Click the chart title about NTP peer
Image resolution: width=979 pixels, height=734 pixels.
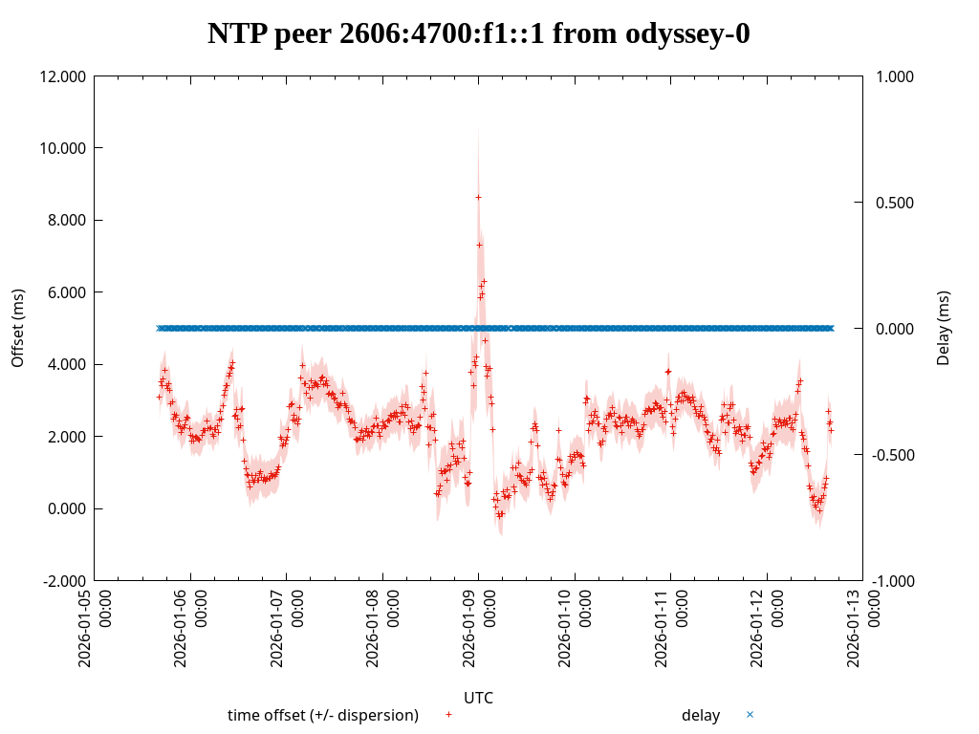(479, 33)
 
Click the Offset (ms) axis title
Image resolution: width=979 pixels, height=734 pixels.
(17, 328)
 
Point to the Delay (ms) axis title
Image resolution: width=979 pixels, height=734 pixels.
(944, 328)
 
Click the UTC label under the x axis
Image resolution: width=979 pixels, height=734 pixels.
(478, 698)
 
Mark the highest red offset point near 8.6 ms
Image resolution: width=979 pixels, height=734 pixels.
(478, 197)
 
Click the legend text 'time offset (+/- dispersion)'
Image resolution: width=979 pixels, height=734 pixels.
(323, 715)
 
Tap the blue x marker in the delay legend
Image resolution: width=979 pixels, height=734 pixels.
(750, 715)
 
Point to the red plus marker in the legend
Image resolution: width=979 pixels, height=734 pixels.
(448, 715)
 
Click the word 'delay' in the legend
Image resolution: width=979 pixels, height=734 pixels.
(701, 715)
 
